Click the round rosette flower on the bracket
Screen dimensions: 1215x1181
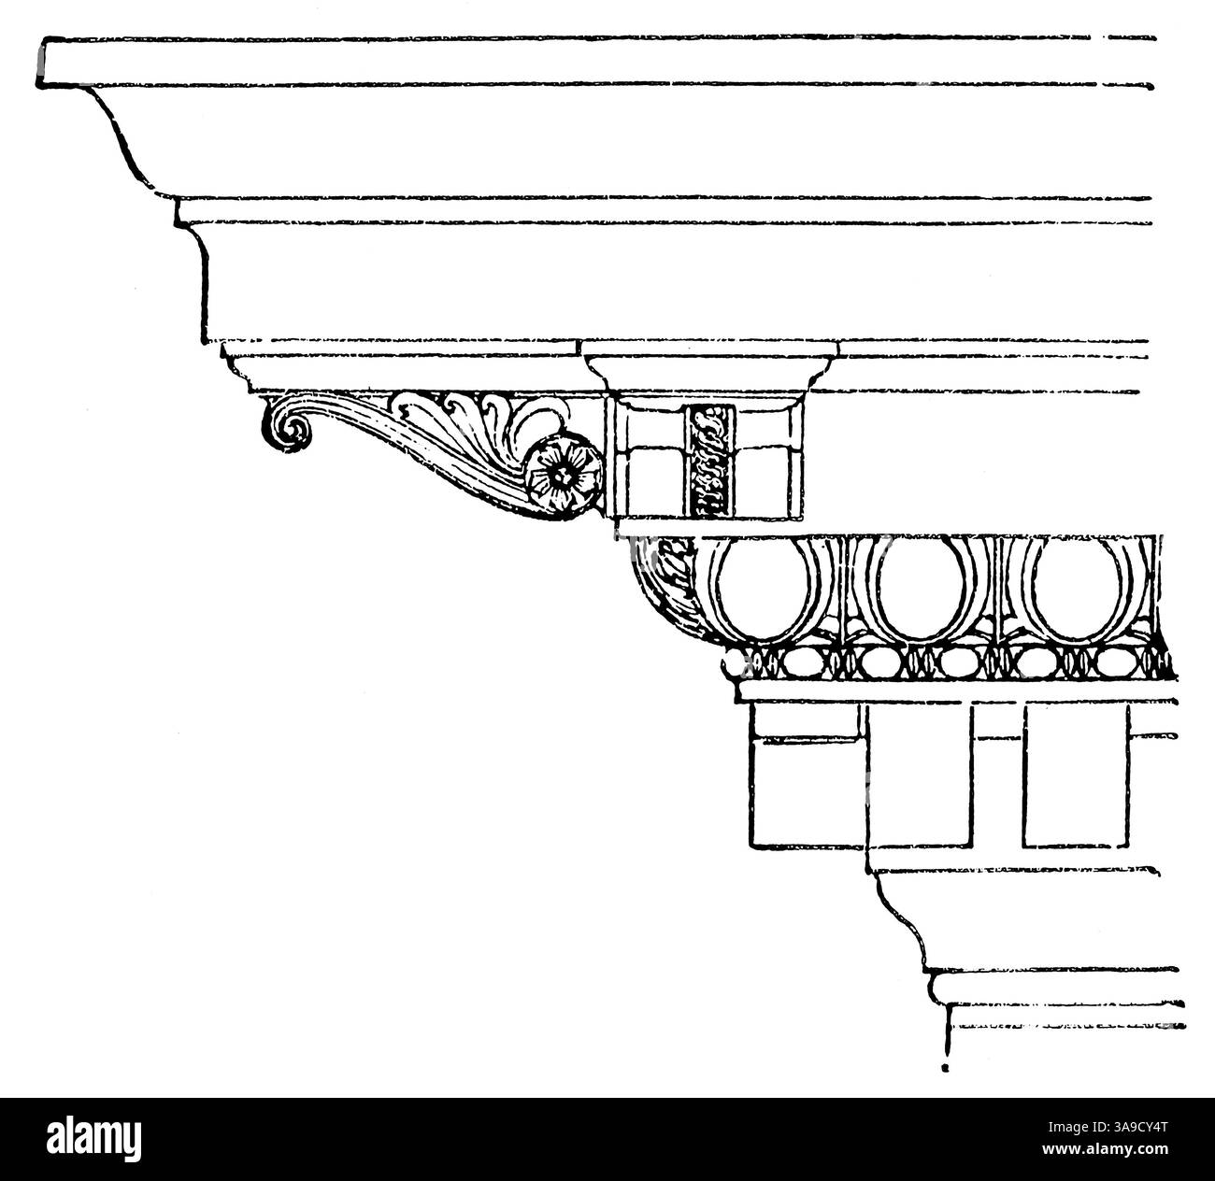point(564,477)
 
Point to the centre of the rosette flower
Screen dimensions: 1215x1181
point(564,477)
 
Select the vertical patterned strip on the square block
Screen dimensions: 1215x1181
point(708,461)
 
